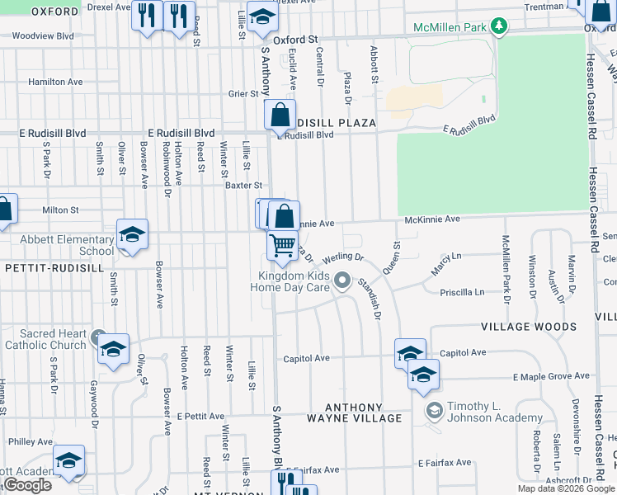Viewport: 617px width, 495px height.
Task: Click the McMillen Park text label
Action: coord(450,27)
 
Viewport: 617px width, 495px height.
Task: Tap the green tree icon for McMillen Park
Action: coord(498,27)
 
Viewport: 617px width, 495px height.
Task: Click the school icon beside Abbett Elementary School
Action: coord(132,236)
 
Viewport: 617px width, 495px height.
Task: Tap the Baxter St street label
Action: coord(243,186)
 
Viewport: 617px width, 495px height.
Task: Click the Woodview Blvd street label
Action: coord(43,36)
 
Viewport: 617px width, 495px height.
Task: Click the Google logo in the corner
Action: coord(27,485)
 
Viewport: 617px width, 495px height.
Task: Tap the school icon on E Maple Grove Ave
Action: coord(423,375)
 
